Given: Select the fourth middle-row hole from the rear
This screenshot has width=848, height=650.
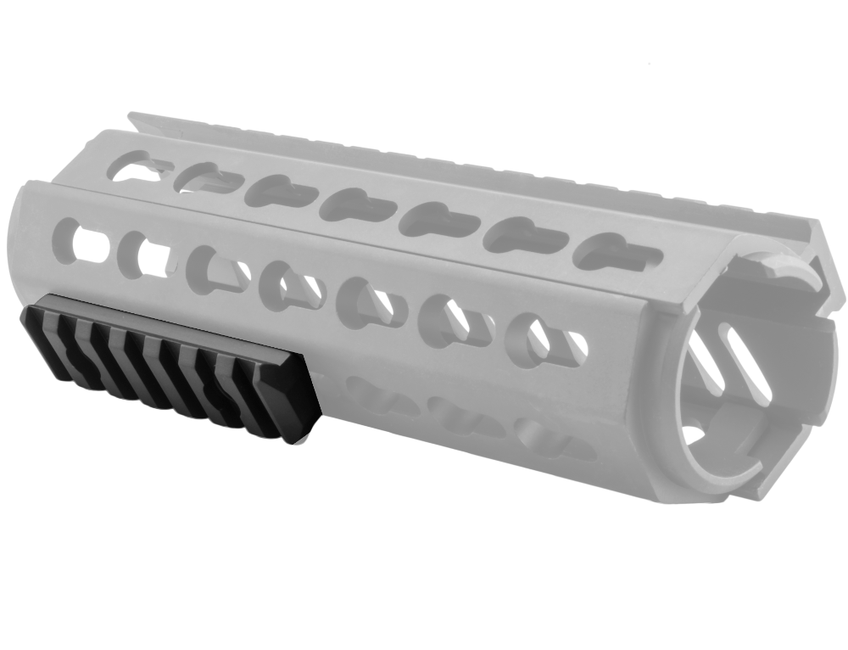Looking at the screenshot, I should [293, 285].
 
